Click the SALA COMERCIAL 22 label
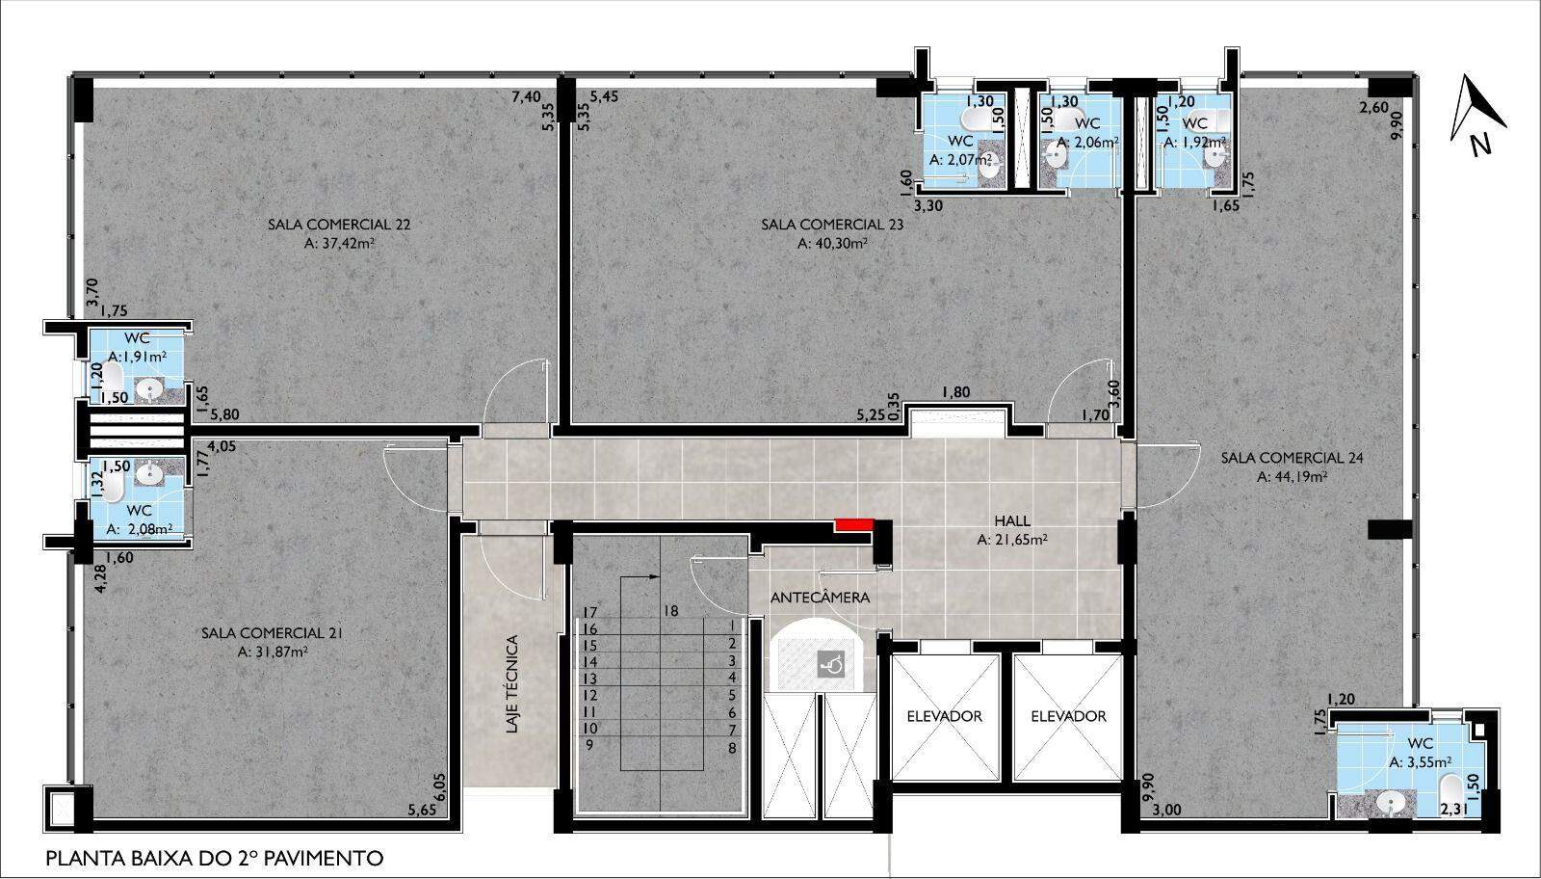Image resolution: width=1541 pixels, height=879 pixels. point(339,225)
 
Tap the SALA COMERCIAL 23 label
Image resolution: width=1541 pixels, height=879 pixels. point(832,225)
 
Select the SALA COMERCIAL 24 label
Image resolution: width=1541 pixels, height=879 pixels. point(1292,458)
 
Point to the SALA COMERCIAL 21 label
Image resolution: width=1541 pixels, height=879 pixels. point(273,633)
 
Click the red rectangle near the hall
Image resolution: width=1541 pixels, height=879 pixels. point(854,524)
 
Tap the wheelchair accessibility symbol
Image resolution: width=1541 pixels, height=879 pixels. point(830,666)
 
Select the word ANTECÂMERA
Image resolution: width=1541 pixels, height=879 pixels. point(820,598)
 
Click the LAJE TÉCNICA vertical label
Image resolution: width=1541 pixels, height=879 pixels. point(511,684)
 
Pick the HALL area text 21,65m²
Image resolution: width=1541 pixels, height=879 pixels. point(1012,541)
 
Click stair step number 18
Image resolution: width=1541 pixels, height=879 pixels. point(671,611)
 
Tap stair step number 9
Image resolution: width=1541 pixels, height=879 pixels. point(588,745)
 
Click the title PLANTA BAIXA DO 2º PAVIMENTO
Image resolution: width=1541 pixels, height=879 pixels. point(215,859)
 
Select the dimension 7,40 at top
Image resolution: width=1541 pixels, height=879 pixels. point(526,97)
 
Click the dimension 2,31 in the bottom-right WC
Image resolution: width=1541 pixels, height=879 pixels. point(1454,811)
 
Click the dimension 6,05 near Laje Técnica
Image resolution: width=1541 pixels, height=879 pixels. point(440,786)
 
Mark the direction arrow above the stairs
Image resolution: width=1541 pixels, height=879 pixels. point(640,576)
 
